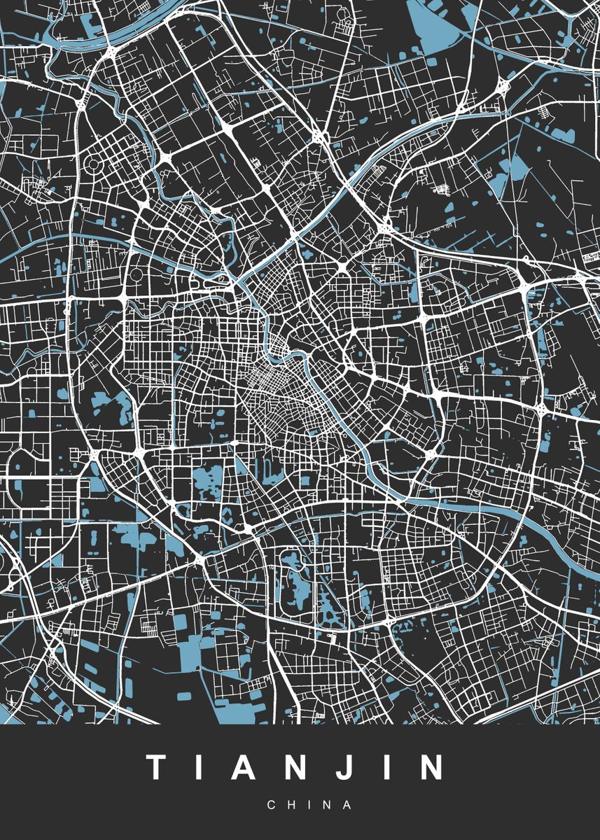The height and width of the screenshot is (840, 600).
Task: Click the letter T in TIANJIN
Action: [155, 768]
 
